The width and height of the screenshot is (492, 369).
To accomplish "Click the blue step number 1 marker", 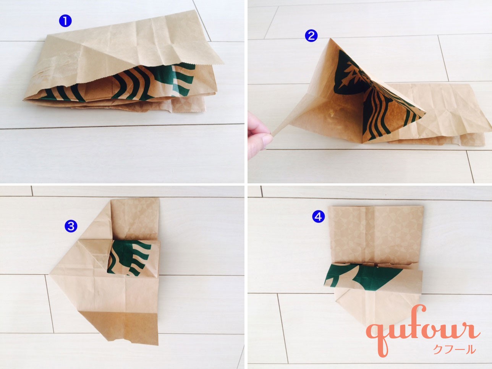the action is (x=65, y=21).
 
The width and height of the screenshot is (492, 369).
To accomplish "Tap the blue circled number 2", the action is (x=311, y=36).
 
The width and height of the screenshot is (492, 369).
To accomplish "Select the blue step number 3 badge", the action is (x=71, y=226).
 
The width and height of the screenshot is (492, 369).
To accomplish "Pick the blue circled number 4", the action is (x=318, y=217).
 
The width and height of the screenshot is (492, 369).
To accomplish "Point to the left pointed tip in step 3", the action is (x=49, y=274).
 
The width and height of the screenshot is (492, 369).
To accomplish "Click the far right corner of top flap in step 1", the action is (x=223, y=64).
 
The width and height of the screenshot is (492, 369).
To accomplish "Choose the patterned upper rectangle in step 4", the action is (x=375, y=235).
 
